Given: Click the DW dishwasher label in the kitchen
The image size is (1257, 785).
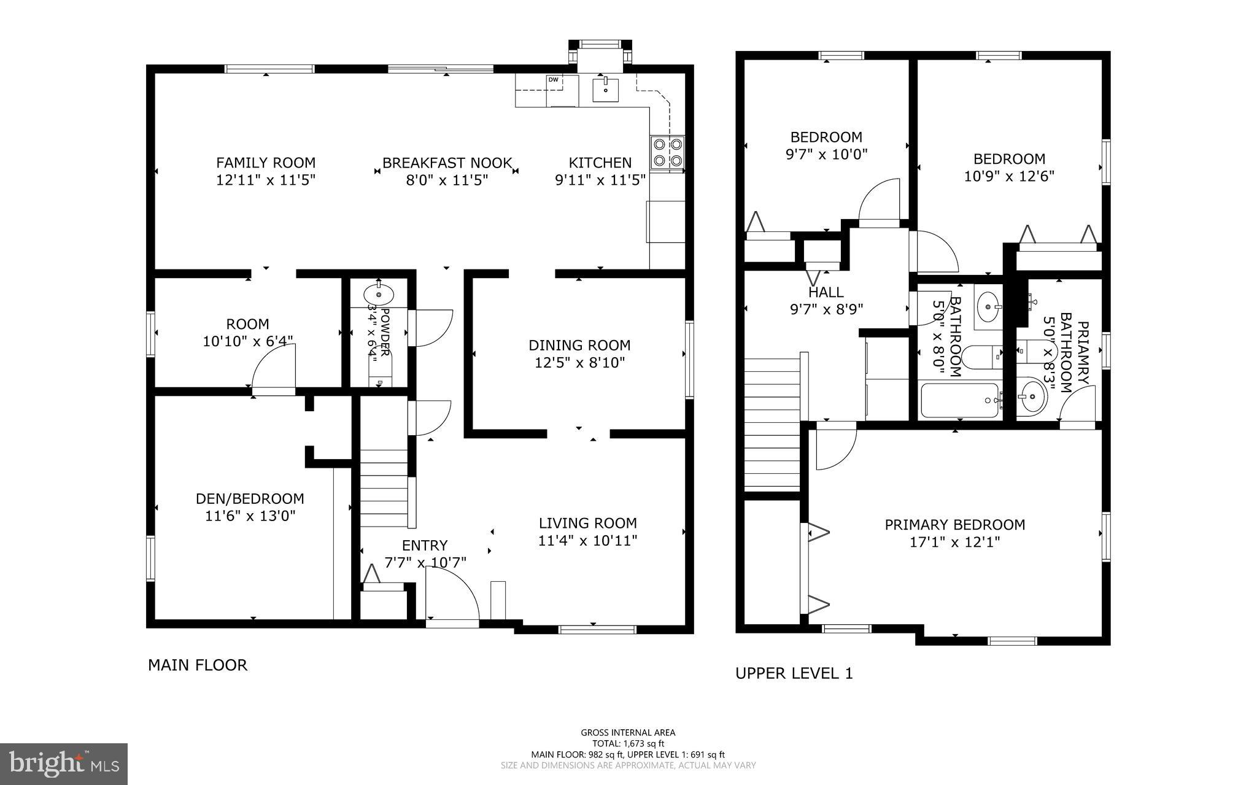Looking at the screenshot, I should pyautogui.click(x=553, y=79).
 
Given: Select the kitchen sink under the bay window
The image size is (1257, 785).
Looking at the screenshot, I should pyautogui.click(x=606, y=90).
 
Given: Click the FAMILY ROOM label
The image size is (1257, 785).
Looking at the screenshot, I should pyautogui.click(x=266, y=163).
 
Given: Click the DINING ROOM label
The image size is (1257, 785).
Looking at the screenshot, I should pyautogui.click(x=579, y=345).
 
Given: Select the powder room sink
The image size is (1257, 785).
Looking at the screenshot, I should pyautogui.click(x=379, y=295).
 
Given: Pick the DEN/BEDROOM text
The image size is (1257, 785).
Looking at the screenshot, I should pyautogui.click(x=250, y=498).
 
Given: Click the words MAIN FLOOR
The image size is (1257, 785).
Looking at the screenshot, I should pyautogui.click(x=197, y=665).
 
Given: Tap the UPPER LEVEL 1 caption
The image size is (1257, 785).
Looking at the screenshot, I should pyautogui.click(x=794, y=673).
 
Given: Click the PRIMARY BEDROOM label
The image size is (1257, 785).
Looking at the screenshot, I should pyautogui.click(x=954, y=525).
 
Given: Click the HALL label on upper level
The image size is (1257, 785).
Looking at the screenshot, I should pyautogui.click(x=826, y=292).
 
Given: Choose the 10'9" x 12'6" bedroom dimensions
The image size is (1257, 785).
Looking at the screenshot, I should pyautogui.click(x=1008, y=176).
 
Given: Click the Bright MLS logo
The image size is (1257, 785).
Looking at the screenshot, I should pyautogui.click(x=64, y=764).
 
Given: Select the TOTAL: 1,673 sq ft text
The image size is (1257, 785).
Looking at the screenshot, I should pyautogui.click(x=628, y=743).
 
